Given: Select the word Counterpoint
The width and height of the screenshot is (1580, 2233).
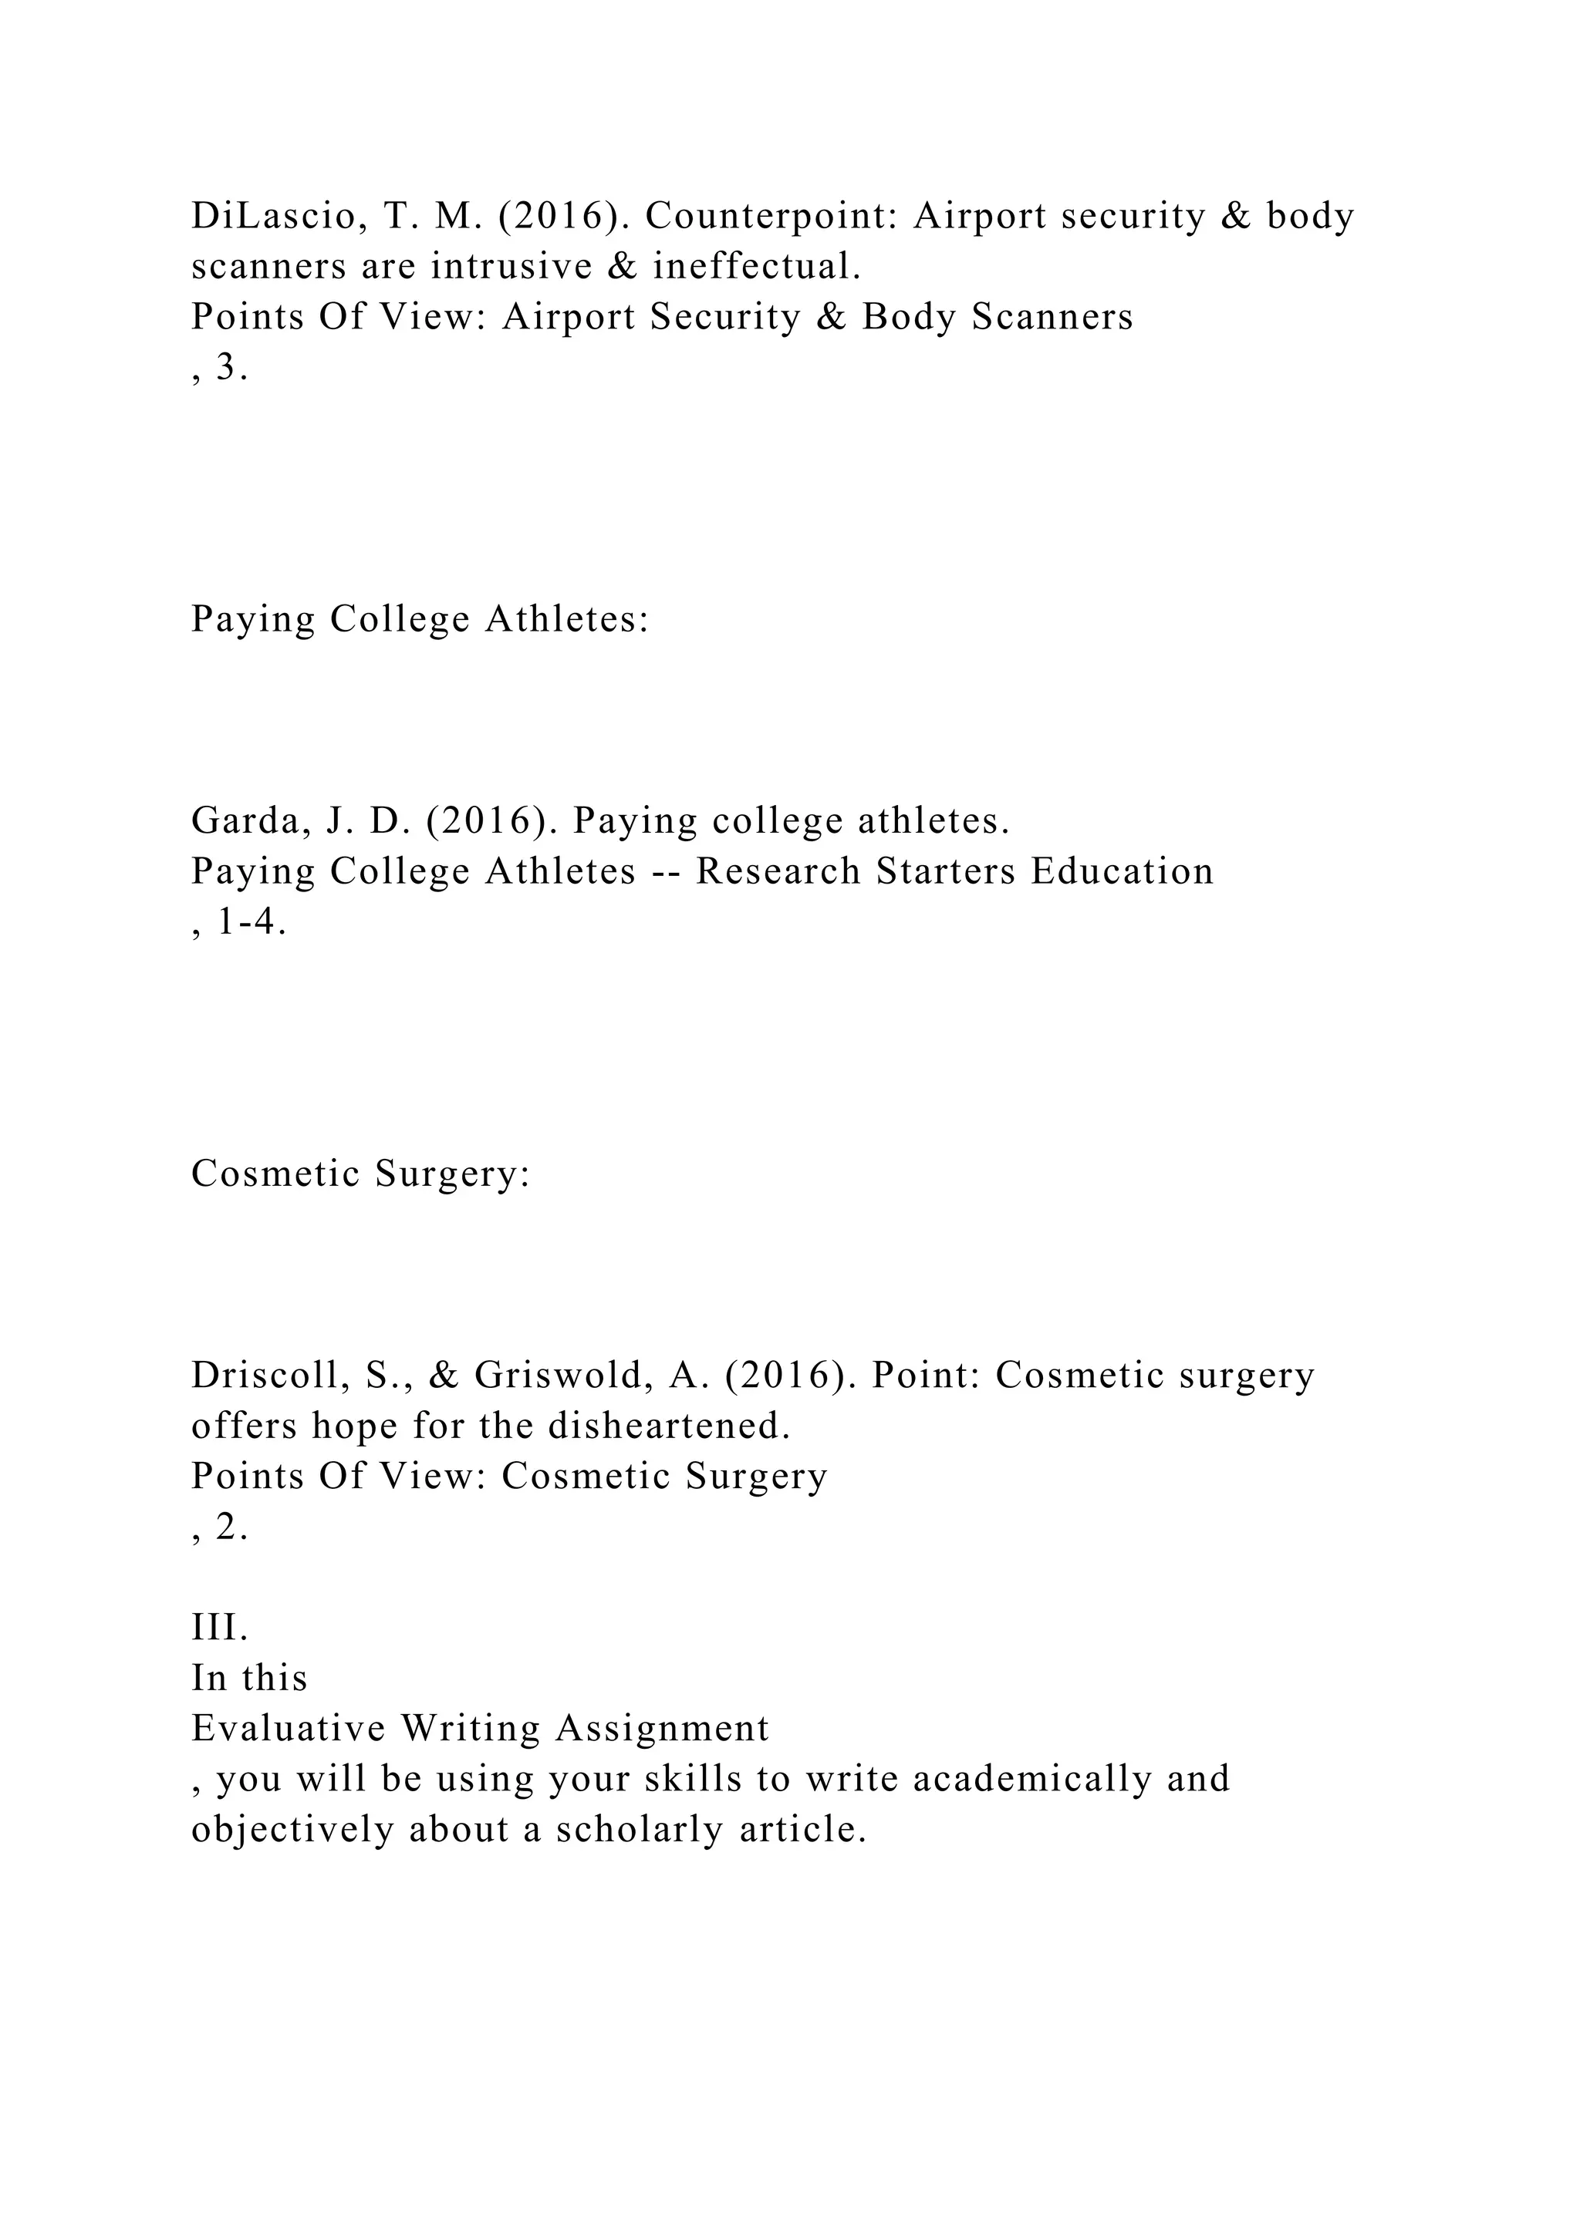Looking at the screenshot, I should (768, 216).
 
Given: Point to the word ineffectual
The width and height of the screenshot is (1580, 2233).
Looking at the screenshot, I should (756, 267).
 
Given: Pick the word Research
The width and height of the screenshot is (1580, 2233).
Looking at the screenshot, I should (778, 871).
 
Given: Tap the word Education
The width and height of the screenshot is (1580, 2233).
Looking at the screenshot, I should (1122, 871).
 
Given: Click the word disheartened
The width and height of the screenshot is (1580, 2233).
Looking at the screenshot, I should (668, 1426).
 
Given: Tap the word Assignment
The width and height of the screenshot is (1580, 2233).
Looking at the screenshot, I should (663, 1728).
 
